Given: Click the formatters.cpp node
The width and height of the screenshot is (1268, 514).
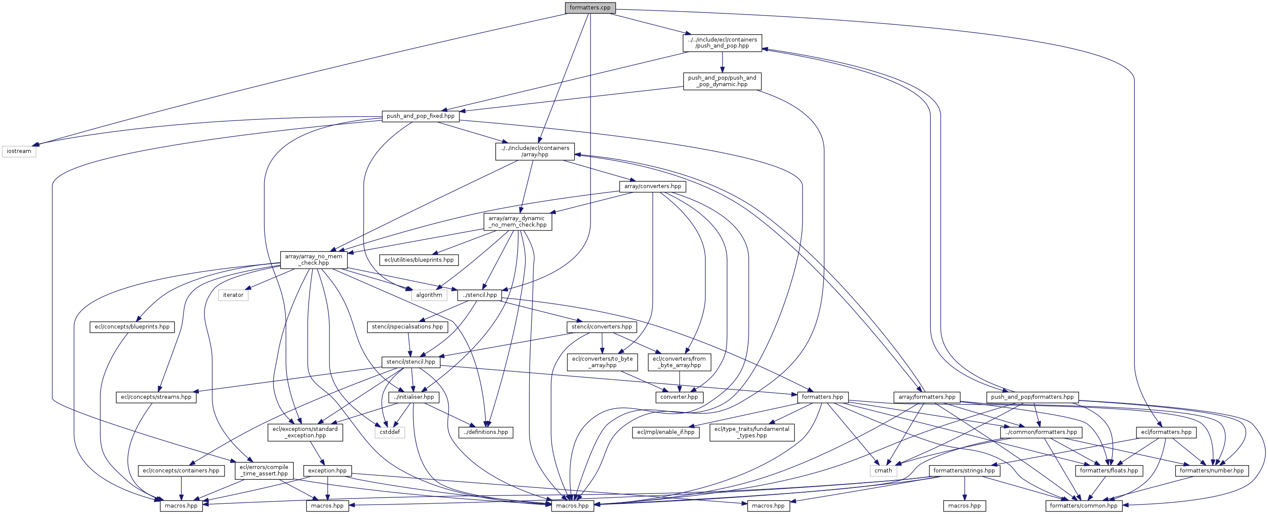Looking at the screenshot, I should point(590,7).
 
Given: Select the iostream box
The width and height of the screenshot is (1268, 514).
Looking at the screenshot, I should point(19,151).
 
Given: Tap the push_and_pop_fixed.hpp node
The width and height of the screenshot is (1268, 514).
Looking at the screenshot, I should point(420,116).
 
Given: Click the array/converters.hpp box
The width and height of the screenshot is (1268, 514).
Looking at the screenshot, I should point(652,186).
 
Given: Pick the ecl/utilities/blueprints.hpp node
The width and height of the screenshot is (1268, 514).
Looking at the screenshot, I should point(419,260).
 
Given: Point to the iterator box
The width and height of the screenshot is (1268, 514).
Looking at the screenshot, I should point(233,295).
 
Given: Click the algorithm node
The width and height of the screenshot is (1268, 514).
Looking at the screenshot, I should point(429,295).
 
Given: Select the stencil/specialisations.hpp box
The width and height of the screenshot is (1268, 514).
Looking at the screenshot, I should point(407,326).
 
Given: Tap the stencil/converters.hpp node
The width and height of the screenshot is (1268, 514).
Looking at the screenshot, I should point(602,326).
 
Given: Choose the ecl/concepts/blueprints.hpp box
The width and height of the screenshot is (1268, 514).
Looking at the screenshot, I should point(132,326).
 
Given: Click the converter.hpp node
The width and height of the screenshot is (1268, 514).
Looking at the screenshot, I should point(679,397).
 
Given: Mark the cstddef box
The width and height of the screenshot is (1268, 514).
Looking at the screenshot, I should point(390,432).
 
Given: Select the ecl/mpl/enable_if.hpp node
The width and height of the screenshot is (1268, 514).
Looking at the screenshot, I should point(665,432).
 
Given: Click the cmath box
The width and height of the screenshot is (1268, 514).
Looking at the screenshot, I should point(883,471).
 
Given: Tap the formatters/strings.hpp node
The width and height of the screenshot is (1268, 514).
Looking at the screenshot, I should point(964,471).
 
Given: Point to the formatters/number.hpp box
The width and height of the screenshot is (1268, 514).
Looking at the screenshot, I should point(1211,471).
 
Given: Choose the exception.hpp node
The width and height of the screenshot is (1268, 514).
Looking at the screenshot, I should point(327,471).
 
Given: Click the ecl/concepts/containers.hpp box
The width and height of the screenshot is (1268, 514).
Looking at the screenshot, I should point(181,471).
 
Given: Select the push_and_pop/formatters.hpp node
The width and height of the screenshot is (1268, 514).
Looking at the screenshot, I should point(1032,397).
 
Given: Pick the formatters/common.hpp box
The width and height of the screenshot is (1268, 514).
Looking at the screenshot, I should point(1083,505).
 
